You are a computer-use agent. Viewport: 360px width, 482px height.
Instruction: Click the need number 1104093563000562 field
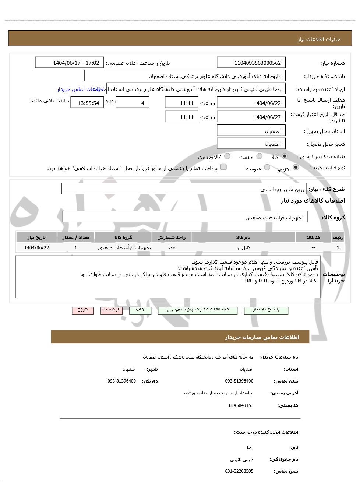tap(251, 63)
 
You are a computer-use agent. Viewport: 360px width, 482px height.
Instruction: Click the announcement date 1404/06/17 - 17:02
tap(70, 63)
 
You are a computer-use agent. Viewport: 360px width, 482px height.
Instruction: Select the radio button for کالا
tap(285, 156)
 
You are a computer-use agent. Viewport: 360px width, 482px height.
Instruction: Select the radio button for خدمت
tap(260, 156)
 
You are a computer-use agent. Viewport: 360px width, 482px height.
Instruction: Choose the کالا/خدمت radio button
tap(227, 156)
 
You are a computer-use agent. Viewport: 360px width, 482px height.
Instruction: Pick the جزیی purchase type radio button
tap(296, 168)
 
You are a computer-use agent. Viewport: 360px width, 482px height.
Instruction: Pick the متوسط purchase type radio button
tap(267, 168)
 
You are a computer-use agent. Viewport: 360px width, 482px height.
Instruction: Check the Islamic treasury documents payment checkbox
tap(223, 167)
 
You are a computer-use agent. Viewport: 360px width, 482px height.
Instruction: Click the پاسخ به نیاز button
tap(266, 310)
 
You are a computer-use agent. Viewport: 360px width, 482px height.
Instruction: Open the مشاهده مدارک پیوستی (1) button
tap(198, 310)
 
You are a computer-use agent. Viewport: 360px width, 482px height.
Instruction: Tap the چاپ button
tap(140, 310)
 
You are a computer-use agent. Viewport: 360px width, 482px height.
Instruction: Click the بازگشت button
tap(112, 310)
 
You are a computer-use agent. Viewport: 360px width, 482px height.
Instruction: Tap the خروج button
tap(83, 310)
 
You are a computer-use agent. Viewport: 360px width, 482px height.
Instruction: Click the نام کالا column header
tap(243, 238)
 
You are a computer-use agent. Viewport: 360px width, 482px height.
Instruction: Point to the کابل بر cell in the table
tap(243, 248)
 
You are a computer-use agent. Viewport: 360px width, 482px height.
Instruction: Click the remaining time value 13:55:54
tap(88, 103)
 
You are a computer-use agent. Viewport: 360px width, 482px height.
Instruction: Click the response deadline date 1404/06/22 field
tap(251, 103)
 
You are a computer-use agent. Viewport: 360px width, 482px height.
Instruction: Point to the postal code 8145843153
tap(241, 405)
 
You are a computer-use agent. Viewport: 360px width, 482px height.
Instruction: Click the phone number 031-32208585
tap(239, 471)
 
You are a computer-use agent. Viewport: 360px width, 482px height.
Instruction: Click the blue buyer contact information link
tap(79, 89)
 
